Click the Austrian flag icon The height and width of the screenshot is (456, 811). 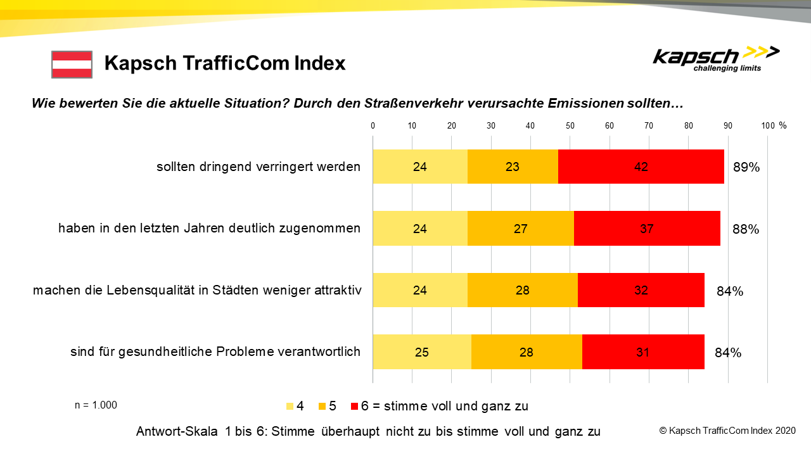pyautogui.click(x=72, y=65)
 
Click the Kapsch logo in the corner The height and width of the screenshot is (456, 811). pyautogui.click(x=716, y=59)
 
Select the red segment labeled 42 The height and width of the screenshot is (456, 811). pyautogui.click(x=641, y=167)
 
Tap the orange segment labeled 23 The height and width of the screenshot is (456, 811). pyautogui.click(x=513, y=167)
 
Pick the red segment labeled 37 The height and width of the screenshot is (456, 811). pyautogui.click(x=647, y=229)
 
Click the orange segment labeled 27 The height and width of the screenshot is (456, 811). pyautogui.click(x=520, y=229)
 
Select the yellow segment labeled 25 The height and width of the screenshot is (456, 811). pyautogui.click(x=422, y=352)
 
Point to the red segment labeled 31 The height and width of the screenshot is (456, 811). pyautogui.click(x=643, y=352)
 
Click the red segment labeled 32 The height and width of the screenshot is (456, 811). pyautogui.click(x=641, y=291)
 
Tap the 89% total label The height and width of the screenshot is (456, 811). pyautogui.click(x=746, y=168)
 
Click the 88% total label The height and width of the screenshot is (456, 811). pyautogui.click(x=746, y=229)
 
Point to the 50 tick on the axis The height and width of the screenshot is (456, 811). pyautogui.click(x=570, y=126)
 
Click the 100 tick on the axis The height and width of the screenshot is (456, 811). pyautogui.click(x=768, y=126)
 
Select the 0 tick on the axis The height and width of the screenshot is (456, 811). pyautogui.click(x=373, y=126)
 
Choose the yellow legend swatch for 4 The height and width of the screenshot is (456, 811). pyautogui.click(x=290, y=407)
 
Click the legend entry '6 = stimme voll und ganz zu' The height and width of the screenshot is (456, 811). pyautogui.click(x=444, y=407)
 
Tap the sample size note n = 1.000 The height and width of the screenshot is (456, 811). pyautogui.click(x=96, y=405)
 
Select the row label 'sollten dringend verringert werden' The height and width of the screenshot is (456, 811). pyautogui.click(x=259, y=167)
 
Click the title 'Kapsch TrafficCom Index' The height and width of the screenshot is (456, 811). pyautogui.click(x=225, y=63)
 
